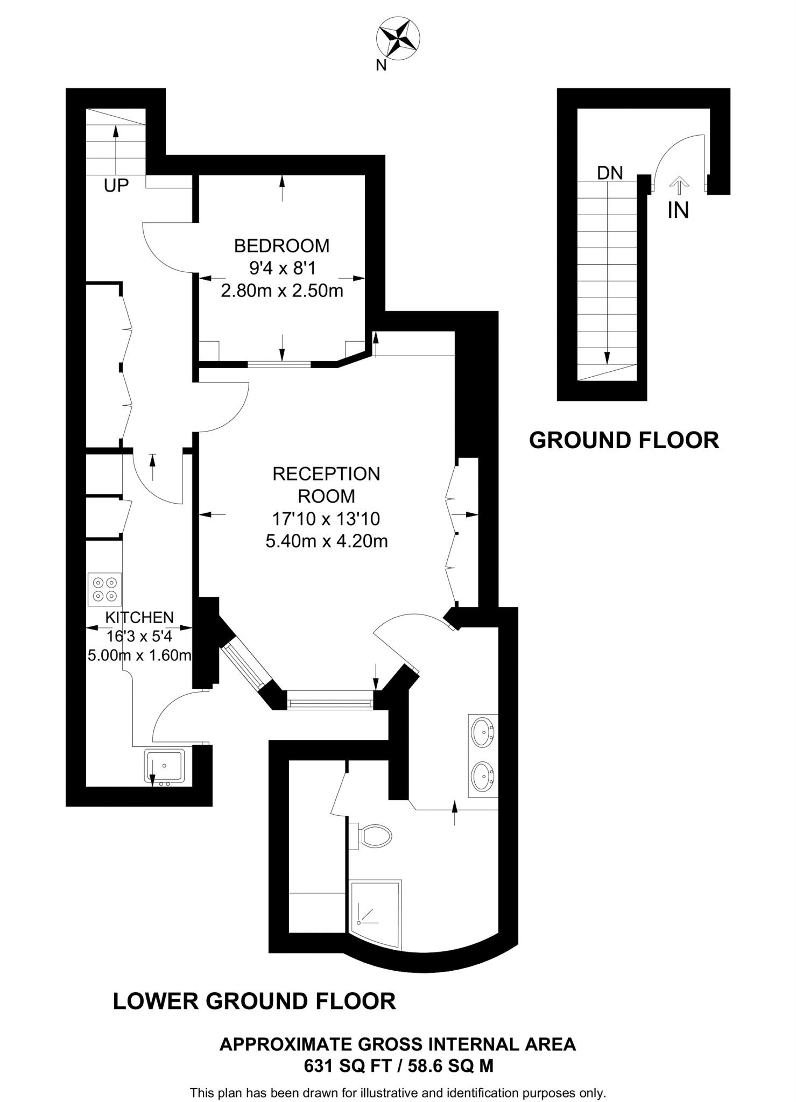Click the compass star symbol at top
click(398, 38)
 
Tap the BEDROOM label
click(281, 246)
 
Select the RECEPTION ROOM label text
click(326, 485)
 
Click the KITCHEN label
click(139, 617)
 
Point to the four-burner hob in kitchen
click(105, 589)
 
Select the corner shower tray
click(375, 914)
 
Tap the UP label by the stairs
click(116, 186)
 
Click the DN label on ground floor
click(610, 173)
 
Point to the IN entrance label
click(678, 210)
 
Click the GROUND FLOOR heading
click(624, 440)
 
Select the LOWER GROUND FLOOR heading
click(254, 1001)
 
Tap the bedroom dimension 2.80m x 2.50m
click(281, 291)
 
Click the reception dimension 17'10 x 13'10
click(326, 519)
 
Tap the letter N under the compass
click(381, 66)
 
